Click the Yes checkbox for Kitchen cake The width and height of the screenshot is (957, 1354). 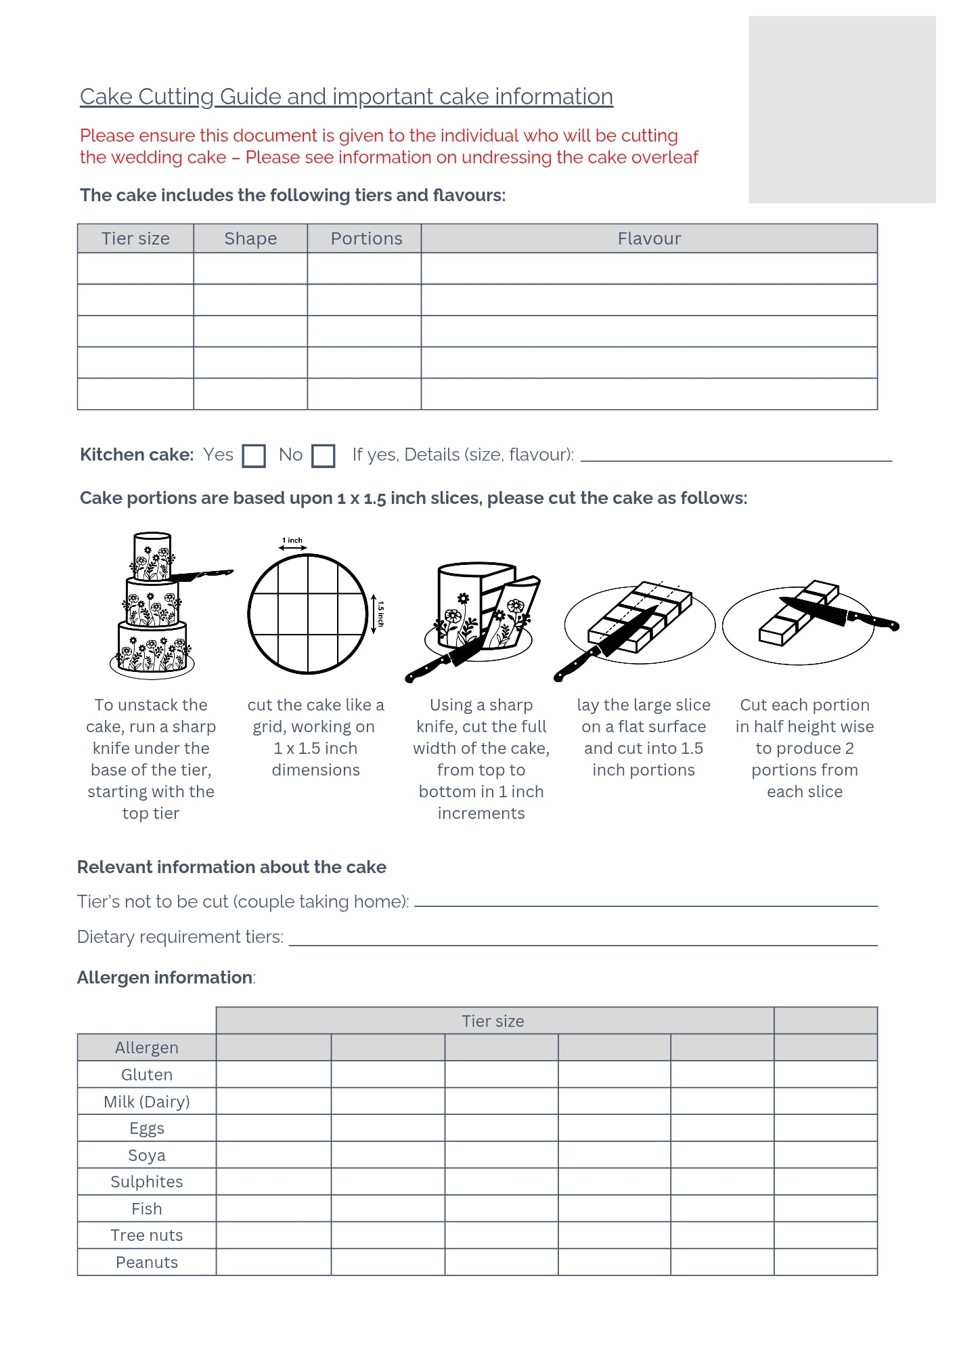[x=254, y=456]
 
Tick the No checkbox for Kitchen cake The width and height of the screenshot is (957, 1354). [x=324, y=456]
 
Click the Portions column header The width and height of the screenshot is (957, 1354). [x=365, y=238]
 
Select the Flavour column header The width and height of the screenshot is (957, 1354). [x=649, y=238]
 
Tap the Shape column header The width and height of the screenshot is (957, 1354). [x=250, y=238]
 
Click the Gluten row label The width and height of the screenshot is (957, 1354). [x=147, y=1075]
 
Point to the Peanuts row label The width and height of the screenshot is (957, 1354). [x=147, y=1263]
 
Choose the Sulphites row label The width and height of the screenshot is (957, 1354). [x=147, y=1182]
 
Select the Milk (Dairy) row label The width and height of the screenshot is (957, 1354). [x=147, y=1102]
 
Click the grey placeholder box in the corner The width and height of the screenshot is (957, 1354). [x=842, y=110]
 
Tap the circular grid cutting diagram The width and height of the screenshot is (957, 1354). [x=308, y=614]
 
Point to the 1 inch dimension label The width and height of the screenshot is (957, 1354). [x=292, y=541]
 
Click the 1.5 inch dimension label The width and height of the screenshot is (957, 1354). [x=380, y=614]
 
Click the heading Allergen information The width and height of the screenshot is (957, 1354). [x=165, y=977]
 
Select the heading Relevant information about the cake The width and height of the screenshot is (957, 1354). [x=231, y=867]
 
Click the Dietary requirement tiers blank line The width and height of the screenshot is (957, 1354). [x=583, y=944]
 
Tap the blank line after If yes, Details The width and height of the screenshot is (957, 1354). [x=736, y=459]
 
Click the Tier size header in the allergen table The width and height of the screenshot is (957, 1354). [x=493, y=1021]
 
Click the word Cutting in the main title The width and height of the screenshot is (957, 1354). [x=176, y=97]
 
